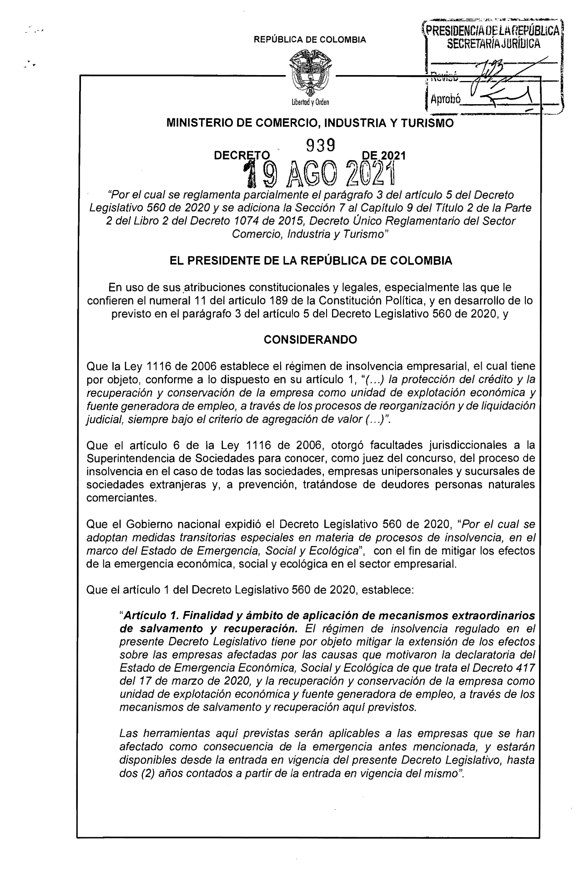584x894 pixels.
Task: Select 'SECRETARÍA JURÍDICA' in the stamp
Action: click(x=494, y=44)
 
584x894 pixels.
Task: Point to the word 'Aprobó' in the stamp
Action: click(x=446, y=99)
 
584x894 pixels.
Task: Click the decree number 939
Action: click(x=321, y=145)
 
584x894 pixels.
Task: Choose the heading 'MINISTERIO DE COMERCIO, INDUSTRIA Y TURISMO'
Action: click(x=311, y=123)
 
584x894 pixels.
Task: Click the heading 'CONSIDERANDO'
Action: click(x=311, y=340)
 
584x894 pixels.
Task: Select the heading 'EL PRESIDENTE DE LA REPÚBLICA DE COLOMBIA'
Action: click(x=311, y=261)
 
